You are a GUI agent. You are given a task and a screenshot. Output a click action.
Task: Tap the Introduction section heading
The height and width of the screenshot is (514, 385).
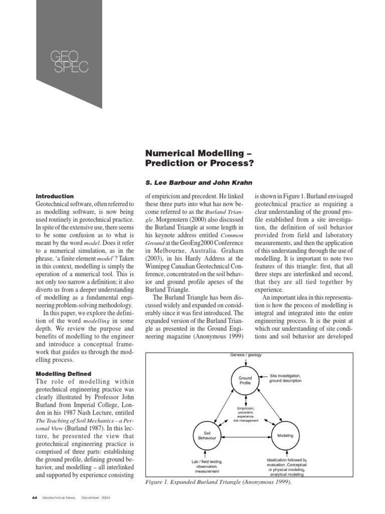55,196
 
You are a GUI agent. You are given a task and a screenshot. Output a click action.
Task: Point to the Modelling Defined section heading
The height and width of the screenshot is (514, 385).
63,373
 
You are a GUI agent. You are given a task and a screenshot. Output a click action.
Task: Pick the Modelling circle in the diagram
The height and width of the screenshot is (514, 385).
285,435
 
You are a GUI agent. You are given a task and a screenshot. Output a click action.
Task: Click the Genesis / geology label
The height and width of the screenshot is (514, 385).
246,355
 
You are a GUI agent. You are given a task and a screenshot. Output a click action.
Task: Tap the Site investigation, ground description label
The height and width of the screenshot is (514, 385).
286,378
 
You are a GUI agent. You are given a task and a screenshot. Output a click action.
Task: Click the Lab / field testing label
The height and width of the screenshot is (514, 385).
207,466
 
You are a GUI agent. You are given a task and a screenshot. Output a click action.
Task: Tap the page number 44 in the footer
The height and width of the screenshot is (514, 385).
34,497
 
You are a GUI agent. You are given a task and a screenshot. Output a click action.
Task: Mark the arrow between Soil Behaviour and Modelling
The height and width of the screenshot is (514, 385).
246,435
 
